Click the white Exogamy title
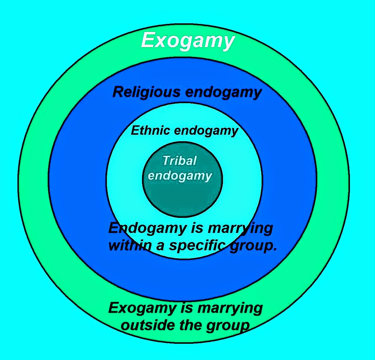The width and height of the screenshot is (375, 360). [x=188, y=40]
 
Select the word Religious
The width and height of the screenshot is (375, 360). [x=146, y=92]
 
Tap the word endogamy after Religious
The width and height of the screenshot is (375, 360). [x=224, y=92]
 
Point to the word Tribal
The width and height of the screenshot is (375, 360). [x=179, y=161]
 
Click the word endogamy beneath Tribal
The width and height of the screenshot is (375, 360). [x=180, y=176]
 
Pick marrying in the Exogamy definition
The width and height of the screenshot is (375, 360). [x=230, y=308]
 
